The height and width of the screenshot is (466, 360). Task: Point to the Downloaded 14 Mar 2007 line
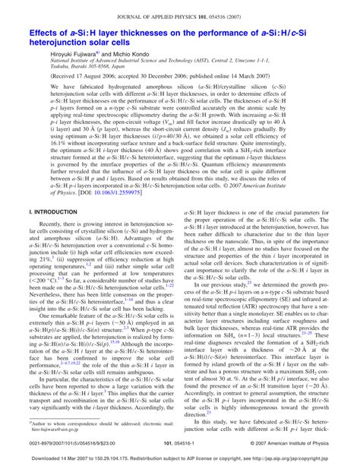180,459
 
